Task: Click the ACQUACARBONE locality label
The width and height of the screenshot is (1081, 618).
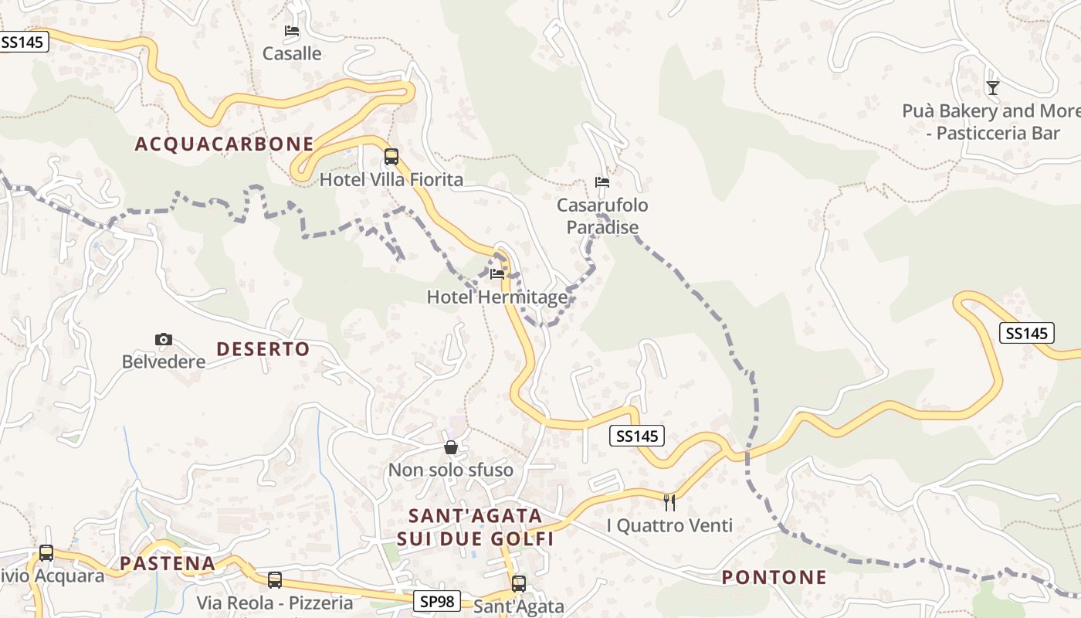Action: click(225, 144)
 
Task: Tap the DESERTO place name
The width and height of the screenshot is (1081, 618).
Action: click(263, 349)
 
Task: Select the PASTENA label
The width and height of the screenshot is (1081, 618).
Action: click(168, 563)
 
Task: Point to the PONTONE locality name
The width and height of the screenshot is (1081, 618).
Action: click(774, 577)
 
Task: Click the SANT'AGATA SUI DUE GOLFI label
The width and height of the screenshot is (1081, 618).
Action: click(475, 527)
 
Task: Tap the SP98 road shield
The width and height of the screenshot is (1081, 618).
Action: click(436, 601)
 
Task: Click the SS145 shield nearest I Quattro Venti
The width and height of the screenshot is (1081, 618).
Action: click(636, 436)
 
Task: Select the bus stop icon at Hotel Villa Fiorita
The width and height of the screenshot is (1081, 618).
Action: click(391, 157)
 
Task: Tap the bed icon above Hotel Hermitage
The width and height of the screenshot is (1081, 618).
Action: click(497, 274)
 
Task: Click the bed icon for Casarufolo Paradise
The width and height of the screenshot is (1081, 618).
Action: click(602, 182)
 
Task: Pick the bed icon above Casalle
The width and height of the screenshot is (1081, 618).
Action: click(292, 31)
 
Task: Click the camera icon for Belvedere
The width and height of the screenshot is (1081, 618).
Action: click(164, 339)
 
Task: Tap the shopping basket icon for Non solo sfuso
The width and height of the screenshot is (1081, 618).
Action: click(451, 447)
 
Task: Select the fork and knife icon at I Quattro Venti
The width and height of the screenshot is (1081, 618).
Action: click(669, 503)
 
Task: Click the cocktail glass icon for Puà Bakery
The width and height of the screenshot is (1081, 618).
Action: click(993, 88)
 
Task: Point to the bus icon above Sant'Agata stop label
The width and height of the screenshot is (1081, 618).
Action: click(519, 584)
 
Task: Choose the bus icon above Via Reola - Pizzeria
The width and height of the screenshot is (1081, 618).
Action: click(275, 580)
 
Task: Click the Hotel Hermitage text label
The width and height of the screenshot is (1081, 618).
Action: click(496, 297)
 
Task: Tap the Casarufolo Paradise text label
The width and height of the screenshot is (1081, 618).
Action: click(602, 216)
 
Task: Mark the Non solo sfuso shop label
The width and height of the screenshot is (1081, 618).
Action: click(450, 470)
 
